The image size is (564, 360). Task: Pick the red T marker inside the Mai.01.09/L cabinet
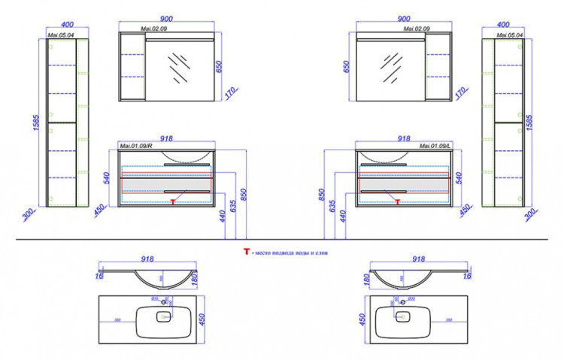[x=396, y=201]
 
